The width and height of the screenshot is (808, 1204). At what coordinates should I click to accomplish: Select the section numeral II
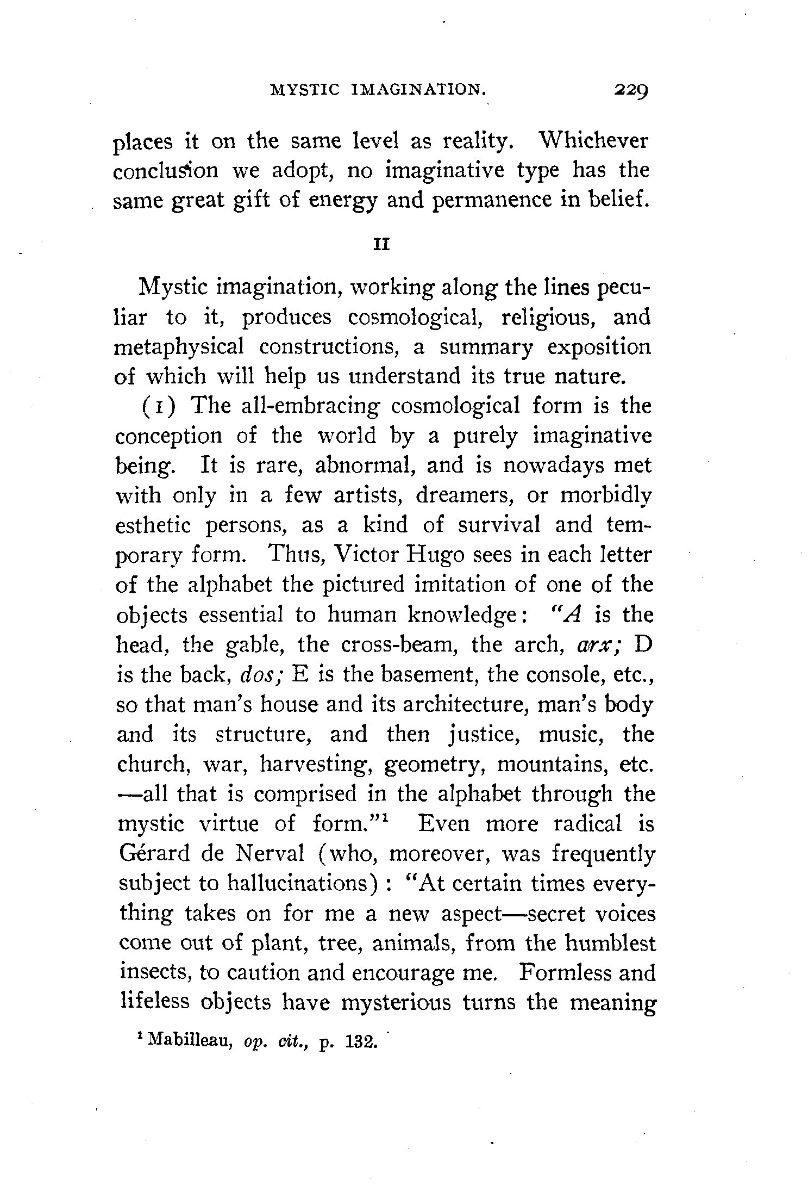pyautogui.click(x=381, y=245)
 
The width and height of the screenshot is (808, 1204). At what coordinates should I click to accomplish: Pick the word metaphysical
pyautogui.click(x=179, y=347)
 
